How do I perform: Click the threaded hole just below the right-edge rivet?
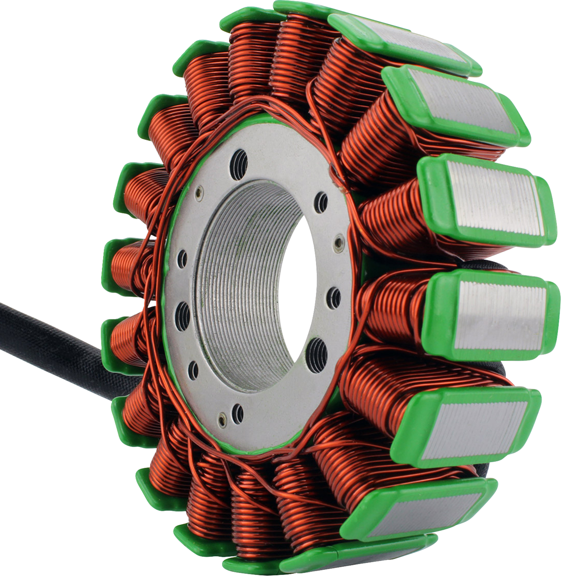335,295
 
